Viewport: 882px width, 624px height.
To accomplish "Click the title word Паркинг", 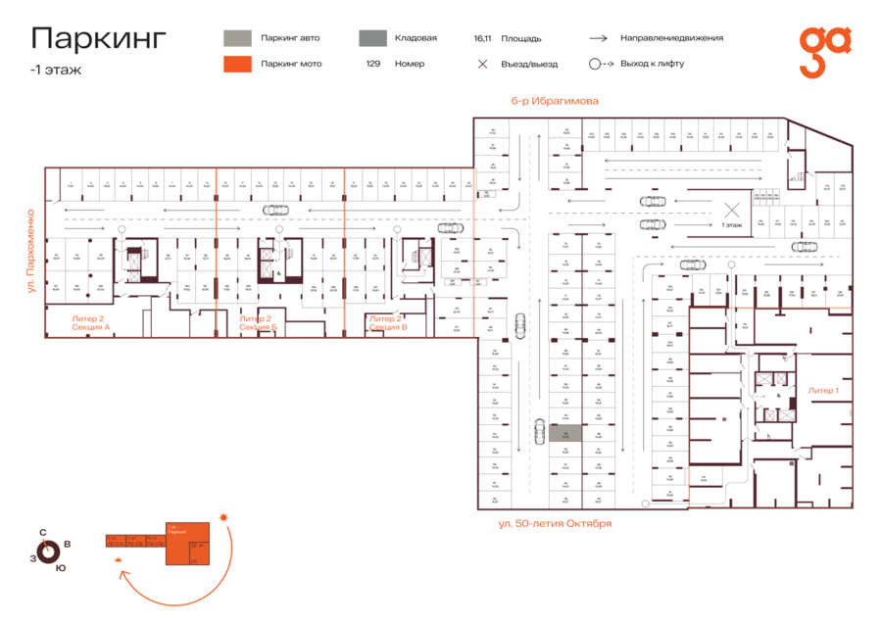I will pos(99,38).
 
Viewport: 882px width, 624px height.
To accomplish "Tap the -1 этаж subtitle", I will pos(56,71).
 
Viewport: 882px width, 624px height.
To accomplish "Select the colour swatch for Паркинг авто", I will pos(236,38).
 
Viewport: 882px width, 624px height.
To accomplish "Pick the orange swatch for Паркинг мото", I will pos(236,64).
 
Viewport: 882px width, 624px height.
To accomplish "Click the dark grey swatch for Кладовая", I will pos(371,38).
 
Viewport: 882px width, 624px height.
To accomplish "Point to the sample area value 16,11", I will pos(481,38).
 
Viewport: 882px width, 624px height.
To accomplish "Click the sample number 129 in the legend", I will pos(373,64).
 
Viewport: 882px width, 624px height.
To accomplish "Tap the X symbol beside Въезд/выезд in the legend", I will pos(481,64).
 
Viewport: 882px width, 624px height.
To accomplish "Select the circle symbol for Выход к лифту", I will pos(594,64).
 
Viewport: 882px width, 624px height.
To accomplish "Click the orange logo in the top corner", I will pos(824,51).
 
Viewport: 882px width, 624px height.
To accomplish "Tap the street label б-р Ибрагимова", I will pos(554,101).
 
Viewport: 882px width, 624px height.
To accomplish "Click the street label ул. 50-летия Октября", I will pos(555,523).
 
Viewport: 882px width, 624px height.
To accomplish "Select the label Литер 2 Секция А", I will pos(90,322).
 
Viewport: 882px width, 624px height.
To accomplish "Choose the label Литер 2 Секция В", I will pos(388,322).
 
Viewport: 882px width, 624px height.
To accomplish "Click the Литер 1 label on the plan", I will pos(822,390).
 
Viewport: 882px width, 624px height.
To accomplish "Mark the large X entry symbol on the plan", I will pos(731,209).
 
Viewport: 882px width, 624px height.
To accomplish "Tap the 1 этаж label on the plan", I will pos(731,225).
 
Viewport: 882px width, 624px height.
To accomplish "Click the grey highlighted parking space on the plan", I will pos(564,432).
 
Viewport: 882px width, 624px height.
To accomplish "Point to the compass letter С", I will pos(43,533).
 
